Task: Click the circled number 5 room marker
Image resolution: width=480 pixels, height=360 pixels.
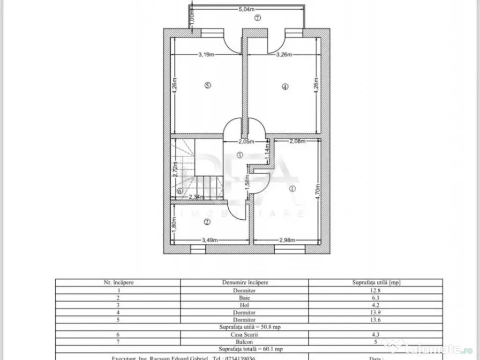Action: click(x=208, y=85)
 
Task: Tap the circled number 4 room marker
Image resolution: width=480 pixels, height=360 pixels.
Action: click(x=285, y=86)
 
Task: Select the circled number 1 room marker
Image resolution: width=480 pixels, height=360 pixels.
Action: click(x=292, y=189)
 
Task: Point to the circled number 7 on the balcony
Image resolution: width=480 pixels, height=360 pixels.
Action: click(x=257, y=18)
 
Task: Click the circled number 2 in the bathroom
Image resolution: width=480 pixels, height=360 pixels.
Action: click(x=207, y=222)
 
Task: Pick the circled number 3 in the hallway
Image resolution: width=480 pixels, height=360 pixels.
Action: click(x=240, y=155)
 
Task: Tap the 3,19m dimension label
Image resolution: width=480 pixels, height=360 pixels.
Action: click(x=206, y=54)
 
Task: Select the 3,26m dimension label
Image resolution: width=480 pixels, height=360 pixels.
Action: click(x=284, y=54)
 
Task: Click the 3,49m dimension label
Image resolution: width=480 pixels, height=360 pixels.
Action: click(x=210, y=240)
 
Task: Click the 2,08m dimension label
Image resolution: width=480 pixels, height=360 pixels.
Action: click(x=297, y=141)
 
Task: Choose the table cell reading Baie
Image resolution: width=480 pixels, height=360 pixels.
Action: click(x=244, y=297)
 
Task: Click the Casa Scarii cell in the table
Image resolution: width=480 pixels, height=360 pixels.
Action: click(x=244, y=334)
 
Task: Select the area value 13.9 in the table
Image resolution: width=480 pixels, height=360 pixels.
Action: click(x=375, y=312)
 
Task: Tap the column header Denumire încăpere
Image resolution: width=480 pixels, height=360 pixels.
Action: click(x=244, y=283)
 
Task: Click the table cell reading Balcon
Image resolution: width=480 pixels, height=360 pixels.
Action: click(x=244, y=341)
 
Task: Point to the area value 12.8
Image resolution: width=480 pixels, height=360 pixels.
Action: click(x=375, y=290)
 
